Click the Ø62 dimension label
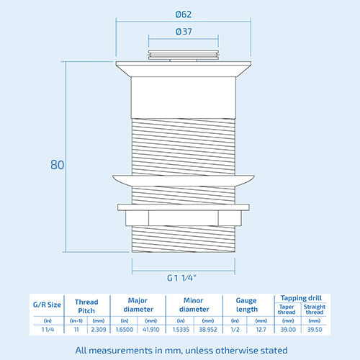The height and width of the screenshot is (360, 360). (x=184, y=14)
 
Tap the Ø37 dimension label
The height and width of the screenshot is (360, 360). (x=184, y=32)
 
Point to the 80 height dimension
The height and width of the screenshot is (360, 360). (x=57, y=165)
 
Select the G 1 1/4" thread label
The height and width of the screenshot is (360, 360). (x=181, y=278)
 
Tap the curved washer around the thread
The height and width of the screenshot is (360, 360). (x=184, y=181)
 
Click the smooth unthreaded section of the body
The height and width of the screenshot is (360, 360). (x=184, y=97)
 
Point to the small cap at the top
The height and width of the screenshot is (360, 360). (x=184, y=55)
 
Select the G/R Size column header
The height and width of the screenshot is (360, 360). (x=47, y=305)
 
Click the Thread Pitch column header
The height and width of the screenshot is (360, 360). (x=86, y=306)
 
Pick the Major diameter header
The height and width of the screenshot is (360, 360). (x=138, y=305)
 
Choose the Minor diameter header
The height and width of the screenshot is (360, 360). (x=194, y=305)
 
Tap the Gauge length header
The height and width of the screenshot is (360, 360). (x=246, y=305)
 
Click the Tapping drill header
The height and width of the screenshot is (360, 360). (x=301, y=298)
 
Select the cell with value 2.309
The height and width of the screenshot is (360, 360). (x=99, y=330)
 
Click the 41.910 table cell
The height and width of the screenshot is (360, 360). (x=151, y=330)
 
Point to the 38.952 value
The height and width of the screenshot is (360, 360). (x=208, y=330)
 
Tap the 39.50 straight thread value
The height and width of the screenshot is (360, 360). (x=315, y=330)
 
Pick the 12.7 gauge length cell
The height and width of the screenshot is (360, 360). (x=261, y=330)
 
